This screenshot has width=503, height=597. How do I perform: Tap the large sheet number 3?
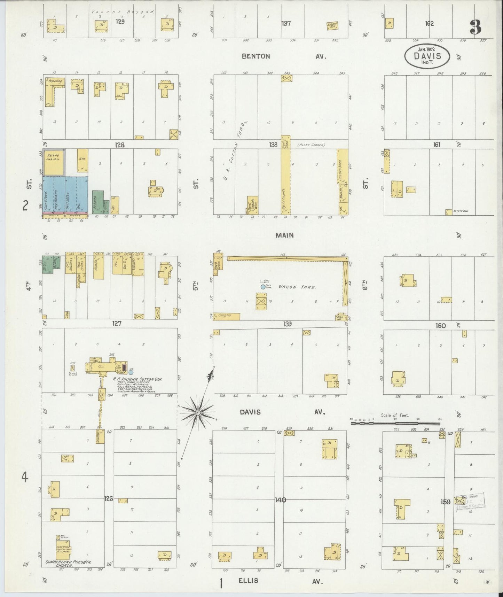point(475,27)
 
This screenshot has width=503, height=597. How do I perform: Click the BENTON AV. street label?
point(284,56)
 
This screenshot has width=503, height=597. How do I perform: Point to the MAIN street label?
point(284,235)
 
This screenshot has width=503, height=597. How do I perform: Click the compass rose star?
point(197,412)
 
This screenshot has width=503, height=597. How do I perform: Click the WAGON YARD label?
point(297,287)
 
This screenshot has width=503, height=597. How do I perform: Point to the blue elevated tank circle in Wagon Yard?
point(263,287)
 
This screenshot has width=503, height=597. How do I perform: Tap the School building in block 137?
point(332,25)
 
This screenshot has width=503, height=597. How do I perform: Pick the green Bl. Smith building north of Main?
point(98,202)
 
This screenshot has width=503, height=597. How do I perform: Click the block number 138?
point(273,145)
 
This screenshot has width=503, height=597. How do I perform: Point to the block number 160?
point(440,325)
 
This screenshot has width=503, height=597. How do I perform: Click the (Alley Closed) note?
point(311,145)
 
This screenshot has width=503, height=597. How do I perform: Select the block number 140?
point(280,500)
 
